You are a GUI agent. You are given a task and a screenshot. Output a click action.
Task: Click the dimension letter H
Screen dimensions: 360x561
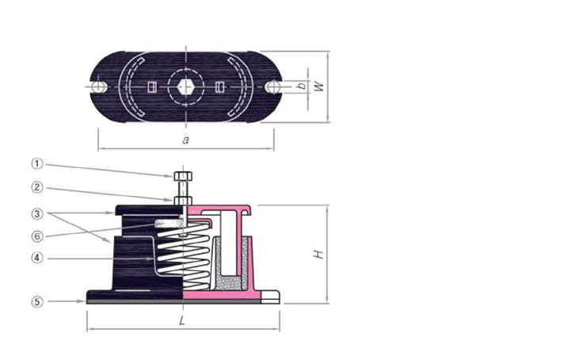[317, 255]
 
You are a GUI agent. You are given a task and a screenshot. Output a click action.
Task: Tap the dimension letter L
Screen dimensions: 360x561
[182, 321]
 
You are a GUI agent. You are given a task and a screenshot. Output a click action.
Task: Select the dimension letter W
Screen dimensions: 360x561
[319, 86]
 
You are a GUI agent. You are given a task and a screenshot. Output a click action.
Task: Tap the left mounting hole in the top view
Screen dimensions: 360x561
[97, 86]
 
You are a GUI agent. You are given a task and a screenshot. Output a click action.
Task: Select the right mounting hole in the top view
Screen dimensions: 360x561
[273, 86]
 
